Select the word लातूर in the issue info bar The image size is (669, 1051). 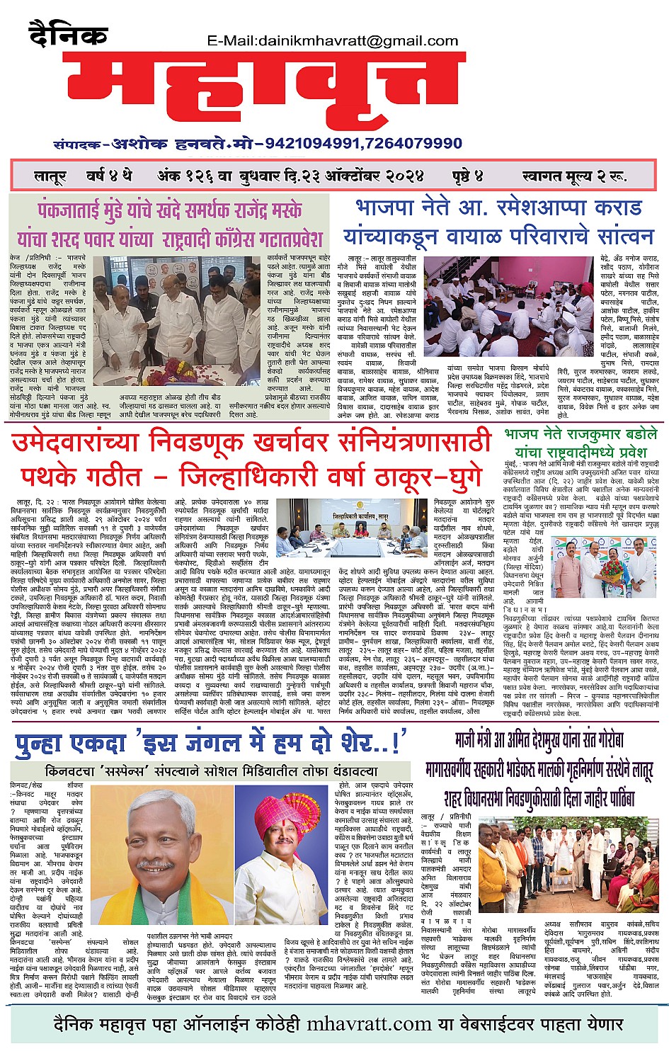pyautogui.click(x=50, y=176)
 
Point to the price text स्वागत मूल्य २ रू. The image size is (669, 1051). pyautogui.click(x=573, y=176)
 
